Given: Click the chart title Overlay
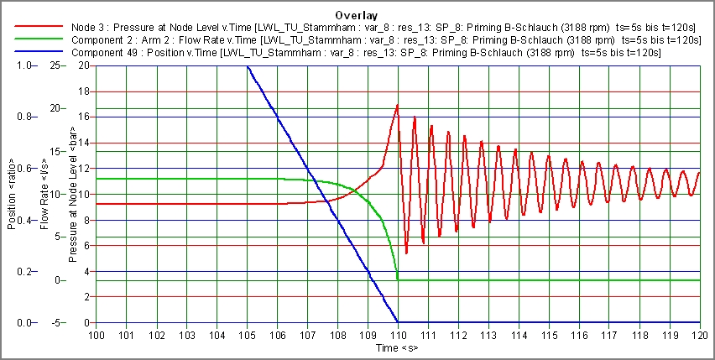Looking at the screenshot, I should pyautogui.click(x=357, y=15).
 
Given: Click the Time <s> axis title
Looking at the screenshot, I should pyautogui.click(x=397, y=347).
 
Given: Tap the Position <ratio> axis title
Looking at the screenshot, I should pyautogui.click(x=11, y=194).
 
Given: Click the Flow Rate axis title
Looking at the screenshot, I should pyautogui.click(x=44, y=194).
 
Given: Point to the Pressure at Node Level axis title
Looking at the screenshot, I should pyautogui.click(x=73, y=194).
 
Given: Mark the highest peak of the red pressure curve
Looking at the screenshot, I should pyautogui.click(x=397, y=105).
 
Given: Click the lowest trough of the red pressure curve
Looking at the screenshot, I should pyautogui.click(x=406, y=253).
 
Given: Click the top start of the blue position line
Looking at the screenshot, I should pyautogui.click(x=248, y=66).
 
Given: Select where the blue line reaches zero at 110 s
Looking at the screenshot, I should pyautogui.click(x=398, y=322).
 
